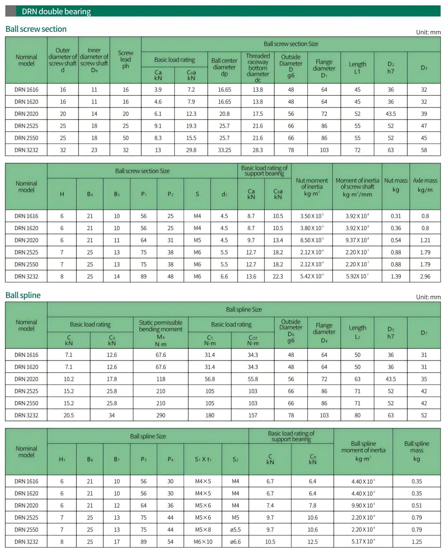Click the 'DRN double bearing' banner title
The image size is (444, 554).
(x=56, y=11)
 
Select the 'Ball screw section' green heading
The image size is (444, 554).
(x=36, y=29)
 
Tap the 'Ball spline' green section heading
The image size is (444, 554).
(x=23, y=295)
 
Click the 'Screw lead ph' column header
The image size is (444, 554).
(x=125, y=60)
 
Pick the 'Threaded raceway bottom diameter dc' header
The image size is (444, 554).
(x=258, y=68)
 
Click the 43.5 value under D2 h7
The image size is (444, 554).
(x=390, y=114)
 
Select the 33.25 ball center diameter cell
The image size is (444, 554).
(x=224, y=150)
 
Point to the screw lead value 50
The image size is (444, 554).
(x=125, y=138)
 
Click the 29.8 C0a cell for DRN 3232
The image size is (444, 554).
(x=191, y=150)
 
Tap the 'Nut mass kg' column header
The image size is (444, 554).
(x=396, y=185)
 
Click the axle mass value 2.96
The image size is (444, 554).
(x=425, y=276)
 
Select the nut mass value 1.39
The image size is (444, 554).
(x=396, y=276)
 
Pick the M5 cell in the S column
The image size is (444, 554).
(x=197, y=240)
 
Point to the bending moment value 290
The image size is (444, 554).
(x=161, y=415)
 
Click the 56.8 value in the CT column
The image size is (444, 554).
(x=210, y=379)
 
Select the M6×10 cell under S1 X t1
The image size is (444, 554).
(x=203, y=542)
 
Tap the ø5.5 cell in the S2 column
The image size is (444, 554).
(x=235, y=530)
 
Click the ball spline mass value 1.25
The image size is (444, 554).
(x=416, y=542)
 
